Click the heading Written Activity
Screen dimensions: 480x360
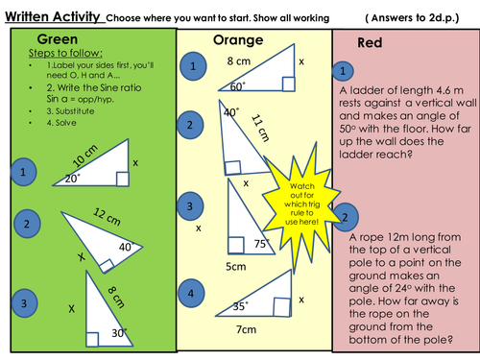coord(53,16)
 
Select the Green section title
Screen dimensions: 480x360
coord(58,39)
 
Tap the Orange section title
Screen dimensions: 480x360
coord(238,40)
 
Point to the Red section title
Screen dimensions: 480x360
coord(370,42)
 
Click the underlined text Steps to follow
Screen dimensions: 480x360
coord(65,53)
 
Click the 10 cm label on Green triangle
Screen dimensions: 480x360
coord(84,156)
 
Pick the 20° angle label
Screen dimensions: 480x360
coord(73,179)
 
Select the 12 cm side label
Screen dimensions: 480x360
coord(107,217)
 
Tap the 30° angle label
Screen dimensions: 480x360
coord(119,333)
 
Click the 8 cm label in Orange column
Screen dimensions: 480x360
coord(239,60)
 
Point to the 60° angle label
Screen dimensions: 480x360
coord(238,86)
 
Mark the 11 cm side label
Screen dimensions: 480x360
coord(260,128)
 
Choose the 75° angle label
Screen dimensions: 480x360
coord(262,244)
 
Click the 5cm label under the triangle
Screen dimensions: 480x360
coord(236,267)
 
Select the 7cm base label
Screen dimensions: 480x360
coord(246,329)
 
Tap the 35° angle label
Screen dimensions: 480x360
coord(240,306)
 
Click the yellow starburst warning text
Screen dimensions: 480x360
coord(301,204)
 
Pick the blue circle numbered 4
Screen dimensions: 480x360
coord(191,293)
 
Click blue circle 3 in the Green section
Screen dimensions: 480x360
coord(24,303)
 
